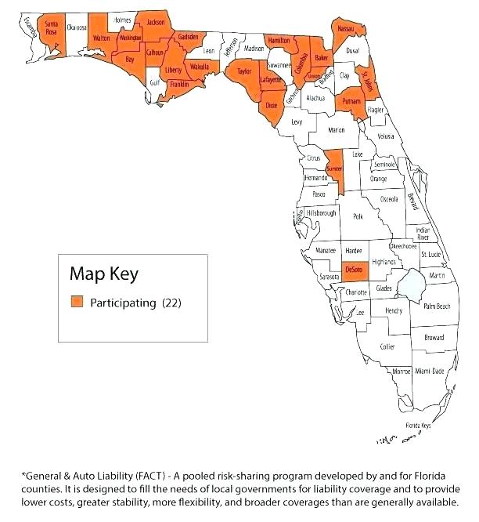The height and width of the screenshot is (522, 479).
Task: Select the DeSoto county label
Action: (354, 270)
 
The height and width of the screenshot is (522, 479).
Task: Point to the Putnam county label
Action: (349, 102)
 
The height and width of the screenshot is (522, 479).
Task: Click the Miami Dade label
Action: (429, 371)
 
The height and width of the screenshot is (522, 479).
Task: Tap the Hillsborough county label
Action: (321, 213)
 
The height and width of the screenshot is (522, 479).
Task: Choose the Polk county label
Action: (358, 216)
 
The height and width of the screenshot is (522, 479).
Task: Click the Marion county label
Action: (336, 130)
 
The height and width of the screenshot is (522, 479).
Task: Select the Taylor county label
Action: (244, 72)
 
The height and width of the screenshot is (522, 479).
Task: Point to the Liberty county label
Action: (174, 70)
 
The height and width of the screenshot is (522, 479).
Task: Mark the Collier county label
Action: (387, 346)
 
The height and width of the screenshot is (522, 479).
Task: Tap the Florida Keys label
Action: (417, 426)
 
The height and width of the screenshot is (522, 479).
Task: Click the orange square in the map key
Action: (77, 303)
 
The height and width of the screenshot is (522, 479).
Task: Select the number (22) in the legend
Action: (171, 303)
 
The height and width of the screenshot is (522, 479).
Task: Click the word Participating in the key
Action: (123, 303)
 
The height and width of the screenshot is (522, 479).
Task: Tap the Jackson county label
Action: (156, 23)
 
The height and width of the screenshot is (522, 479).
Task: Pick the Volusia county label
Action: (385, 136)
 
